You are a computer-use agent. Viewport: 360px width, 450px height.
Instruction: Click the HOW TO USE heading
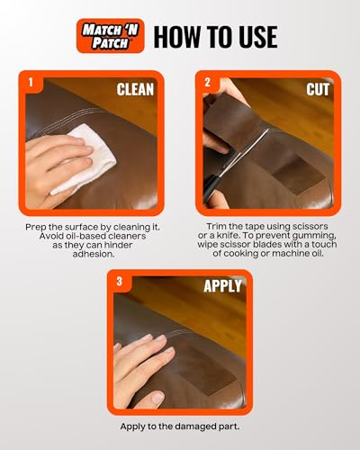coord(215,36)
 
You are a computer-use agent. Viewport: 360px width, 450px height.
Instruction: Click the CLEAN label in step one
coord(135,89)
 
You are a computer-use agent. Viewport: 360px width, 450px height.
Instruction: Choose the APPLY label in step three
coord(223,287)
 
